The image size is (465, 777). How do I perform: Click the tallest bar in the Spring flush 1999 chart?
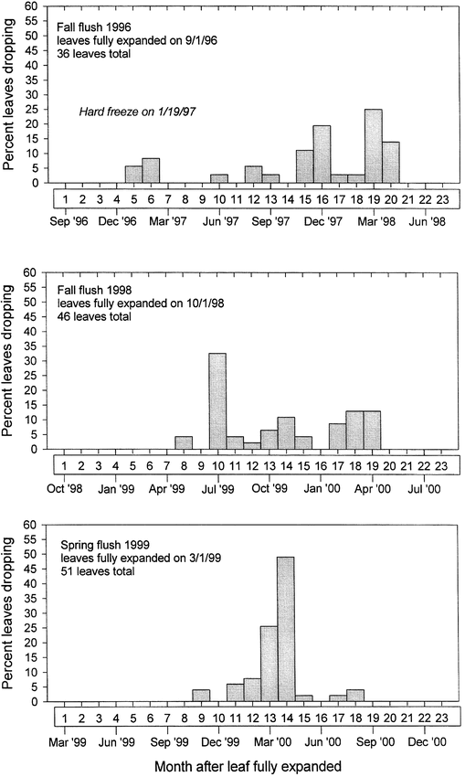[286, 629]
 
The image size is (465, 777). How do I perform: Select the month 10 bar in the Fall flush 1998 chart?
[218, 401]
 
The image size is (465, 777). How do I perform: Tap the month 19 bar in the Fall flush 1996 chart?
[374, 146]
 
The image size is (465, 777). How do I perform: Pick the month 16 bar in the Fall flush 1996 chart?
[322, 154]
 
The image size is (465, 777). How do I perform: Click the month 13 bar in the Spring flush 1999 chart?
[269, 664]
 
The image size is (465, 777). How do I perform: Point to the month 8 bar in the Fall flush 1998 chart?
[184, 443]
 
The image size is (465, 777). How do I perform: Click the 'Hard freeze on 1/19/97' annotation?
[137, 112]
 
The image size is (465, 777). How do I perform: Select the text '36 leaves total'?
[93, 53]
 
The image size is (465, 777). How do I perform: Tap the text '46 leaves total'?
[94, 315]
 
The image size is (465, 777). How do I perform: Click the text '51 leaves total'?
[98, 570]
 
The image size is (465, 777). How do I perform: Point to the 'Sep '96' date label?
[69, 221]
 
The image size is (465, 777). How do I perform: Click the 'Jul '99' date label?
[218, 489]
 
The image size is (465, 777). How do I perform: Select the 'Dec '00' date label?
[428, 742]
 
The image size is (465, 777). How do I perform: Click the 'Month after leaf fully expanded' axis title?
[248, 766]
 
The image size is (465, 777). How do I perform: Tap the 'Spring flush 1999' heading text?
[105, 545]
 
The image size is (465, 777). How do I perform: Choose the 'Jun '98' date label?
[428, 221]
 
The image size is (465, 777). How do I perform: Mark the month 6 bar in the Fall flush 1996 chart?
[151, 170]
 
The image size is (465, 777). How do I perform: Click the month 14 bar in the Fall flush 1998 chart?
[286, 433]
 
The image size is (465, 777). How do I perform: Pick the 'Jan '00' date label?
[322, 489]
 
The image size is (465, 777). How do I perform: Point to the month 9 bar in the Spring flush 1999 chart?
[201, 696]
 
